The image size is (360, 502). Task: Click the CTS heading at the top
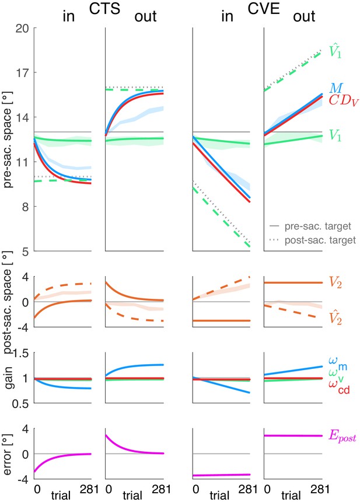coord(104,9)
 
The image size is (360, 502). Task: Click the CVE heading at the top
coord(263,9)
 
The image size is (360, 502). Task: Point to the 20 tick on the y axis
coord(22,29)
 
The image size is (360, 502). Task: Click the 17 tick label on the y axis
coord(23,73)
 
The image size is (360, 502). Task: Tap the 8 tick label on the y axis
coord(25,207)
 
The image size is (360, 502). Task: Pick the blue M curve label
coord(336,89)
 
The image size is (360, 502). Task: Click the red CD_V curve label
coord(344,101)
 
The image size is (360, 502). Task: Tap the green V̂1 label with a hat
coord(335,51)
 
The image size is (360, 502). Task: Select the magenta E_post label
coord(342,437)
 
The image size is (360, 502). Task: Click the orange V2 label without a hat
coord(335,283)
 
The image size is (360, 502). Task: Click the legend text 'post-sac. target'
coord(320,240)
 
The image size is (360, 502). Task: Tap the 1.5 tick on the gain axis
coord(20,354)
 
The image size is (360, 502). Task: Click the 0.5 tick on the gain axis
coord(20,404)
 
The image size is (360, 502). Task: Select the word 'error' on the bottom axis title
coord(8,455)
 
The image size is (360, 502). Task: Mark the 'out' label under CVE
coord(304,17)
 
